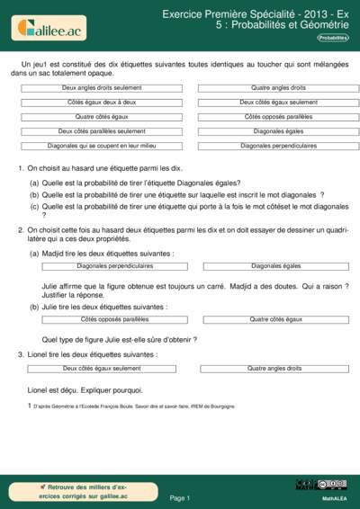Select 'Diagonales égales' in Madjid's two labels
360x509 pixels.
pos(275,266)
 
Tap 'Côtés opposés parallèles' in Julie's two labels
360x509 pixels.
pos(114,319)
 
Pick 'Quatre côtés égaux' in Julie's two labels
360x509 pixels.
pos(275,319)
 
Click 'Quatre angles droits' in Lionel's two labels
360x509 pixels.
pos(275,369)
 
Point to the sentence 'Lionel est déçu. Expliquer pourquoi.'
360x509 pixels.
pos(86,389)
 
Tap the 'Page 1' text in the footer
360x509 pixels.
pos(179,496)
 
